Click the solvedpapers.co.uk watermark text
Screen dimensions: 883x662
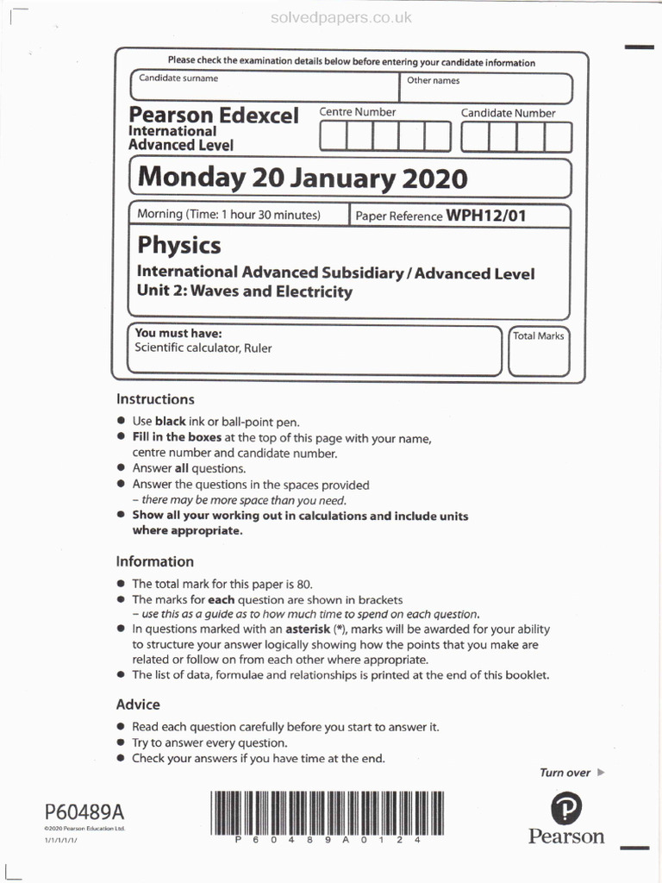pos(341,18)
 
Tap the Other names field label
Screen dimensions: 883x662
pos(433,81)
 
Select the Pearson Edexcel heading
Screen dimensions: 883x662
pos(214,116)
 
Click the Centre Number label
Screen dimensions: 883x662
pos(358,112)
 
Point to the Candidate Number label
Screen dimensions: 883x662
pos(508,113)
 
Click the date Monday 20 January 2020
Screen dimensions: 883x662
pos(303,178)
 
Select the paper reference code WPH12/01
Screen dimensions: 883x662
pos(485,216)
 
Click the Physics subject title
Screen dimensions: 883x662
pos(179,246)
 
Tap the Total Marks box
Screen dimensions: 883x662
pos(538,352)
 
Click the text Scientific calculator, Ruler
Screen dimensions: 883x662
pos(203,348)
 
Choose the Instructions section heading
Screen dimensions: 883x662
pos(155,399)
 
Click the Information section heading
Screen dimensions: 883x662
pos(155,561)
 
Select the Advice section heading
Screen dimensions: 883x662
pos(138,705)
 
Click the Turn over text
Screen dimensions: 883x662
pos(565,773)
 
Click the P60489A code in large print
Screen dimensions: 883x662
pos(84,811)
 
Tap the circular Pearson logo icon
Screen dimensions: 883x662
pos(566,808)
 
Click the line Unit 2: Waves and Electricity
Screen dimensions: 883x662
pos(245,291)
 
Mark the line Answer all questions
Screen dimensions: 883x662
pos(189,469)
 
